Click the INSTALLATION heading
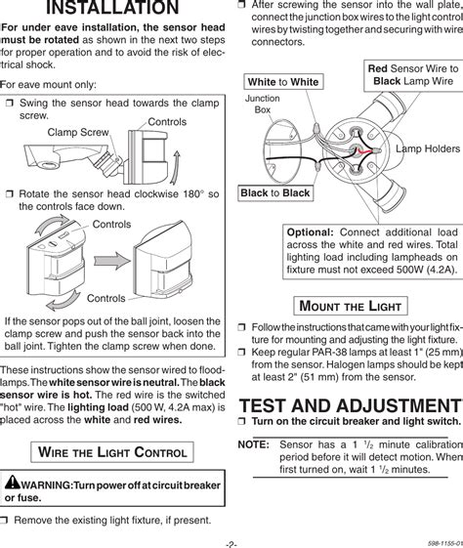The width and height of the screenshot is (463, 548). click(x=112, y=8)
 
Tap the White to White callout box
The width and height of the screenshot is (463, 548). click(x=283, y=82)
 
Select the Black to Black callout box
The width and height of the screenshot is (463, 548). click(x=275, y=192)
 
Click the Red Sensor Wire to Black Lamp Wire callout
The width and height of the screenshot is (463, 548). click(x=413, y=75)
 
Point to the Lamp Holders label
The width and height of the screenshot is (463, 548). click(x=428, y=148)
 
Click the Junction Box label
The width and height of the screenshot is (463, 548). click(x=263, y=105)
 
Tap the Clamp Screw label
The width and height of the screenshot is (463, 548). click(x=78, y=133)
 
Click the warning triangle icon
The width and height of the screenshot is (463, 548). click(x=13, y=482)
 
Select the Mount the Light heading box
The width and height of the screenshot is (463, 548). click(x=351, y=306)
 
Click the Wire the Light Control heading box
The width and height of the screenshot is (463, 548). click(x=112, y=452)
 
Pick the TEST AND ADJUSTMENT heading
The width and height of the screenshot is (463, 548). click(x=351, y=405)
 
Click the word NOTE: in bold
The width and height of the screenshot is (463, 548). click(x=253, y=444)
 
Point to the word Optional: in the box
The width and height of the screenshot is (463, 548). click(x=311, y=232)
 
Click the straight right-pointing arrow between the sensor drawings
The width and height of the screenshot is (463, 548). click(x=111, y=261)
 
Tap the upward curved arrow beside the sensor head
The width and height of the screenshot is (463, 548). click(x=175, y=167)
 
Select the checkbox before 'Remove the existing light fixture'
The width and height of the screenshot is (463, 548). click(x=4, y=521)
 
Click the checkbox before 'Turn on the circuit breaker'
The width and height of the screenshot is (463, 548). click(x=242, y=421)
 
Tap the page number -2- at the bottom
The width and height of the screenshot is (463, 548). click(x=231, y=544)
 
